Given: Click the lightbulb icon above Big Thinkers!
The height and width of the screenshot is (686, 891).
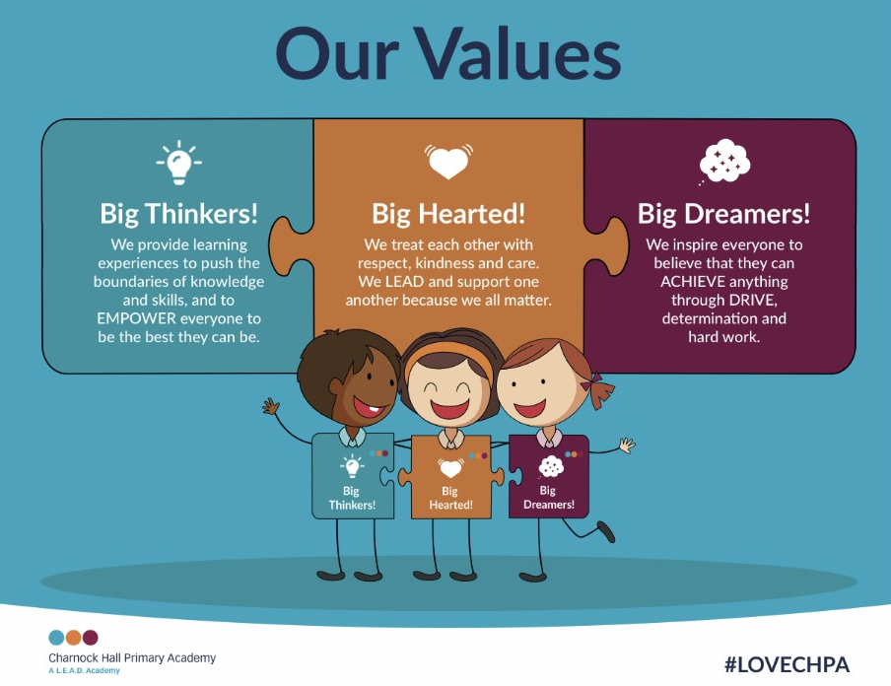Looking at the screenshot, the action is click(179, 163).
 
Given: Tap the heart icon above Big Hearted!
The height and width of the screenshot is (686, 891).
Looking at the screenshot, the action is click(448, 161).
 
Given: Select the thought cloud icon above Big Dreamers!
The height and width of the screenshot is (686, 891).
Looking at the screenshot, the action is click(724, 162).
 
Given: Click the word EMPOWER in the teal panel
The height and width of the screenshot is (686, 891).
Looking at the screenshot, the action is click(128, 318).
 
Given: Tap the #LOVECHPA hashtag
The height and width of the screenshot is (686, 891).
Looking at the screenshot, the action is click(787, 664).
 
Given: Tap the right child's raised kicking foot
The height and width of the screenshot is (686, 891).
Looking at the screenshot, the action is click(606, 531).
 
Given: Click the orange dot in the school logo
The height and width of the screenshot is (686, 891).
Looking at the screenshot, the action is click(73, 637).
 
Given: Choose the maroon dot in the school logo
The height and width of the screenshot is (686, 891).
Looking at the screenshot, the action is click(91, 637).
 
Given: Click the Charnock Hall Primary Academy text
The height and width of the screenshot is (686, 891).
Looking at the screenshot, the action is click(132, 658).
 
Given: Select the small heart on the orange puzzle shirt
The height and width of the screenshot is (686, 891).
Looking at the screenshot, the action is click(450, 468).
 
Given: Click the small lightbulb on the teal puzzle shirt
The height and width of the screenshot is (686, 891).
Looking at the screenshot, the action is click(352, 466).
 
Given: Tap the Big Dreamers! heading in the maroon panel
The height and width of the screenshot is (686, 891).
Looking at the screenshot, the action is click(723, 214).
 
